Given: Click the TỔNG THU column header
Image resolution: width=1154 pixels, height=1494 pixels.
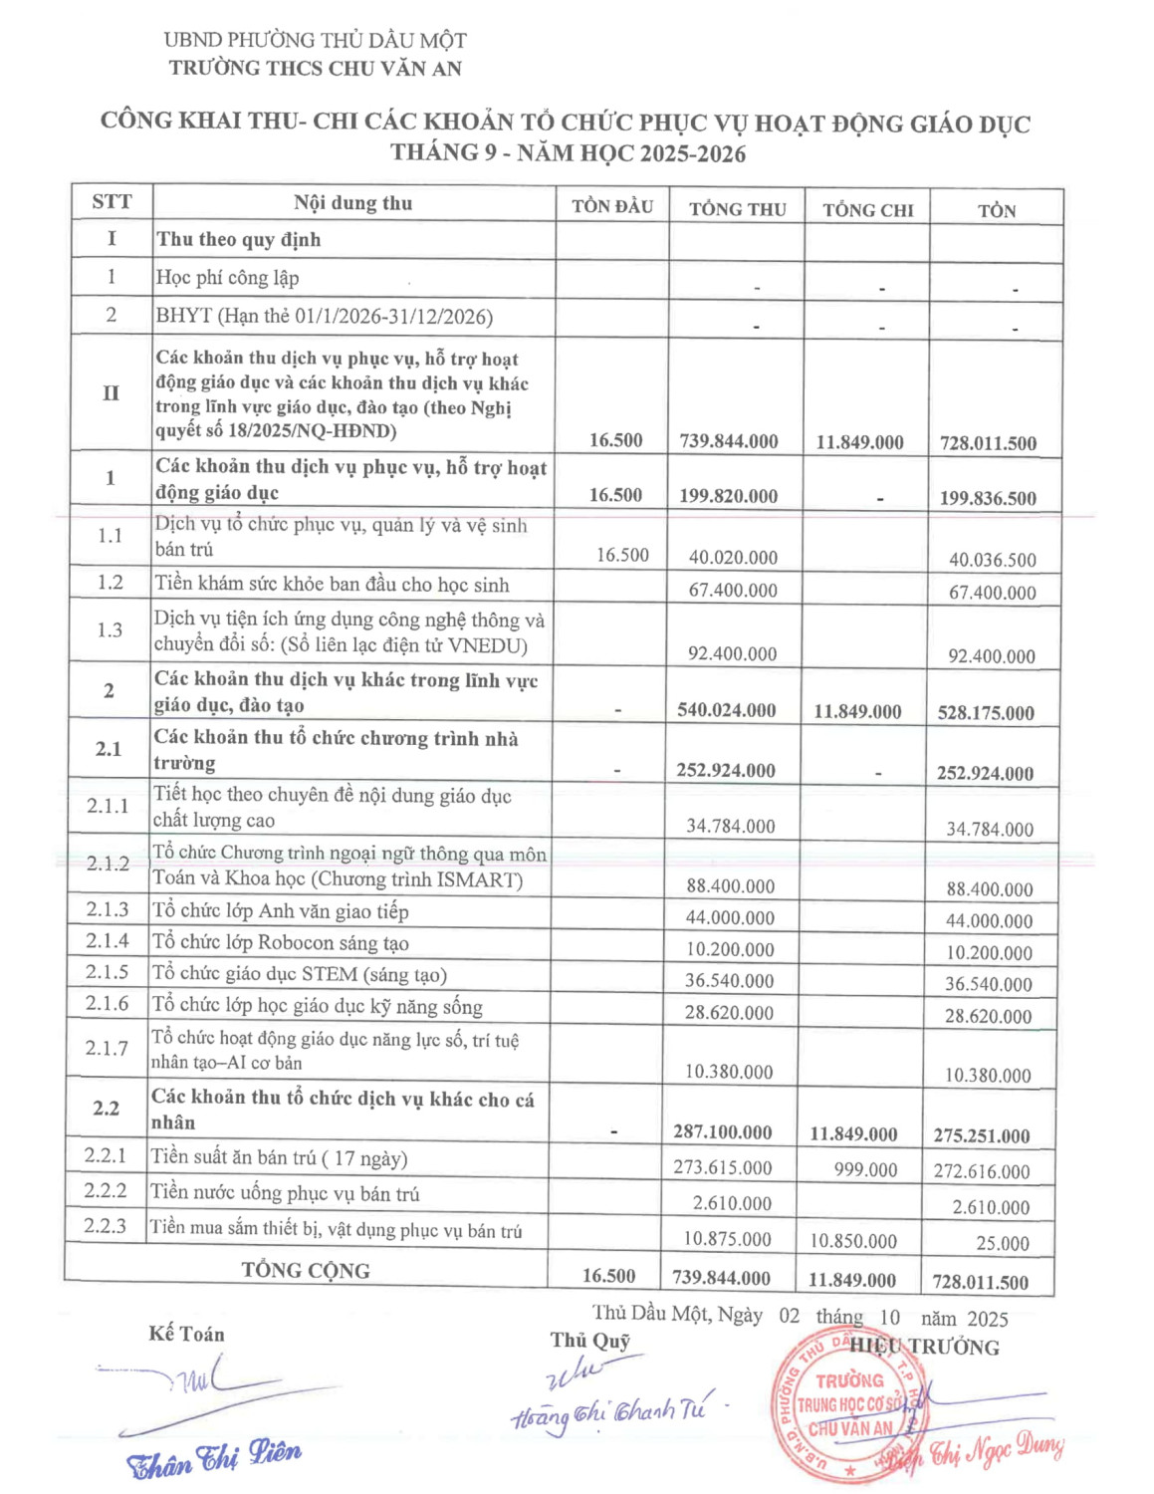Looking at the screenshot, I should click(x=737, y=208).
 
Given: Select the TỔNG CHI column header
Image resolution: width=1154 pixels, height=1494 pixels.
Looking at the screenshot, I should click(x=867, y=209).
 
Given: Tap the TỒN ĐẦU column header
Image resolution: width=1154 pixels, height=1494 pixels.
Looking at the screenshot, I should click(x=612, y=206).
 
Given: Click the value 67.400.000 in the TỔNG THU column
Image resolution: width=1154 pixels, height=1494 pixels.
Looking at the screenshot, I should click(x=733, y=590).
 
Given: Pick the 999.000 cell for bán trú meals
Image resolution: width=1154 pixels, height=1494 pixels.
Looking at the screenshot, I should click(x=865, y=1169).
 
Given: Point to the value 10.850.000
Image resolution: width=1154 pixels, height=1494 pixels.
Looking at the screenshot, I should click(x=852, y=1241).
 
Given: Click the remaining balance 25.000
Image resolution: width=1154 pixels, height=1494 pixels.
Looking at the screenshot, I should click(x=1003, y=1243).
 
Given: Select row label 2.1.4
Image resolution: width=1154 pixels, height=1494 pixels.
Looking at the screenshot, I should click(x=108, y=940).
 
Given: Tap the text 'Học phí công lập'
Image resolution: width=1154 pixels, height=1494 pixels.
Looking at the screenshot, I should click(x=227, y=278).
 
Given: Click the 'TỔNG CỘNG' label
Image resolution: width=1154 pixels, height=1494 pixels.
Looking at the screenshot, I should click(x=306, y=1270).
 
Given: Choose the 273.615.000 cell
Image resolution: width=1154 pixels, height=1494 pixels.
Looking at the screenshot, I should click(x=722, y=1166).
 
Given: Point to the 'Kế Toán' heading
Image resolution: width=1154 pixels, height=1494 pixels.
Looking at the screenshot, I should click(x=186, y=1334).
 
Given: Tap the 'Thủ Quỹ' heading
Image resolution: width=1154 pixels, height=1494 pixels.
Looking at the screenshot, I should click(x=590, y=1341).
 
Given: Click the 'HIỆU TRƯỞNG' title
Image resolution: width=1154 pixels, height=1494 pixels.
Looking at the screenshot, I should click(x=924, y=1347).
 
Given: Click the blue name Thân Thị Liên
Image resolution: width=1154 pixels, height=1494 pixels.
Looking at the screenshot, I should click(x=214, y=1457).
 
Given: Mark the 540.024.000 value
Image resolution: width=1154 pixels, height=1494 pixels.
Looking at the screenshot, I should click(x=726, y=710).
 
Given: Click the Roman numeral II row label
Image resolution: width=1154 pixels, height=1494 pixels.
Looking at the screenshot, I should click(x=111, y=392).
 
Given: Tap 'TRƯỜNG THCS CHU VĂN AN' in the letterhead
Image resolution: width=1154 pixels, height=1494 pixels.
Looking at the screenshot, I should click(x=315, y=68).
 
